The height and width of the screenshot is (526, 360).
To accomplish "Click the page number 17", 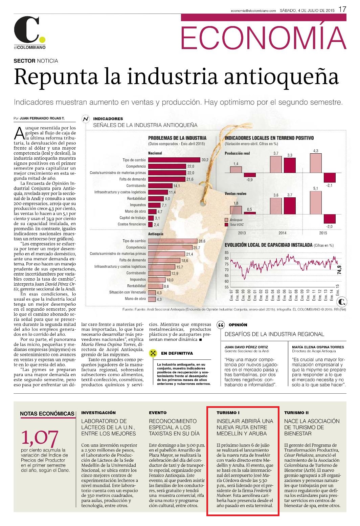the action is pos(342,9).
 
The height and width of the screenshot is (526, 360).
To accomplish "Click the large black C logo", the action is pos(26,30).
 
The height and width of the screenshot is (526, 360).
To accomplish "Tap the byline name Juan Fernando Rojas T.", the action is pos(42,118).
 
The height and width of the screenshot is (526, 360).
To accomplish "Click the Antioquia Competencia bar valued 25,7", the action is pos(171,247).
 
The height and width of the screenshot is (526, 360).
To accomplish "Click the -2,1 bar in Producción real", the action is pos(330,177).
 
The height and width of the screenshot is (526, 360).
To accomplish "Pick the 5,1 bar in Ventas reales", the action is pos(316,203).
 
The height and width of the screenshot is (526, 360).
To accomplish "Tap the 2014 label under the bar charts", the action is pos(282,233).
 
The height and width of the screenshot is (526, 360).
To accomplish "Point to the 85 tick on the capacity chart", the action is pos(226,253).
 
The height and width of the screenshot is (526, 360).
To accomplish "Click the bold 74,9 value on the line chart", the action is pos(339,269).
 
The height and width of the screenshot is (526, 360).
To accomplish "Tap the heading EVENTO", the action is pos(158,413).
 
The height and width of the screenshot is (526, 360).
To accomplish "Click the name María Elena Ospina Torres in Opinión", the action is pos(318,347).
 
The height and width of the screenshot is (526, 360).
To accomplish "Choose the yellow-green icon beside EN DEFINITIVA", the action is pos(153,353).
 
